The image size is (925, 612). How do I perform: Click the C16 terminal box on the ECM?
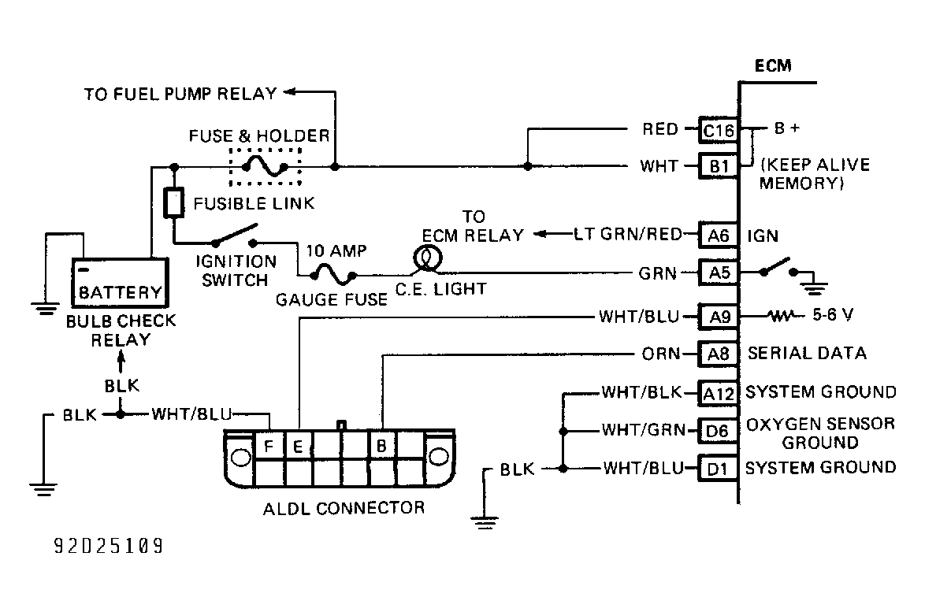(719, 130)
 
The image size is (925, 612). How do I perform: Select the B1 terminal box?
(719, 166)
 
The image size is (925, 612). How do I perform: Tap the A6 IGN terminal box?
(719, 236)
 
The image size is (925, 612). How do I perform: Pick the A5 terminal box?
(719, 273)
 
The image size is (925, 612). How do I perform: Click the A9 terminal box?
(719, 317)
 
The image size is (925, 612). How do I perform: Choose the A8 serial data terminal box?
(719, 354)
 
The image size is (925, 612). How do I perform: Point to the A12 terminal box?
(719, 393)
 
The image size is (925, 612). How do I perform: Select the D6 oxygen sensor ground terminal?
(717, 431)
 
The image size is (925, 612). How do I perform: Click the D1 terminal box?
(717, 469)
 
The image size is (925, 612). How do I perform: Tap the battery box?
(120, 283)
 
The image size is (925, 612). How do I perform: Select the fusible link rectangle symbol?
(173, 202)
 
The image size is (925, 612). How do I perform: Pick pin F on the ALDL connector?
(269, 447)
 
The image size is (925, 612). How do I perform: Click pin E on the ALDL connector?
(298, 447)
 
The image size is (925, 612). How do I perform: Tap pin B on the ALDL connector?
(381, 447)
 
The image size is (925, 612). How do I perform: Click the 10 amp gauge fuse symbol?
(333, 274)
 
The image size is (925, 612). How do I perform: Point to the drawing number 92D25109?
(109, 546)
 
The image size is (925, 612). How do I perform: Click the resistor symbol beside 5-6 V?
(782, 317)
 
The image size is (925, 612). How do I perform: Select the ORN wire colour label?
(661, 354)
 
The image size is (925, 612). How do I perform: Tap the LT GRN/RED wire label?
(628, 235)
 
